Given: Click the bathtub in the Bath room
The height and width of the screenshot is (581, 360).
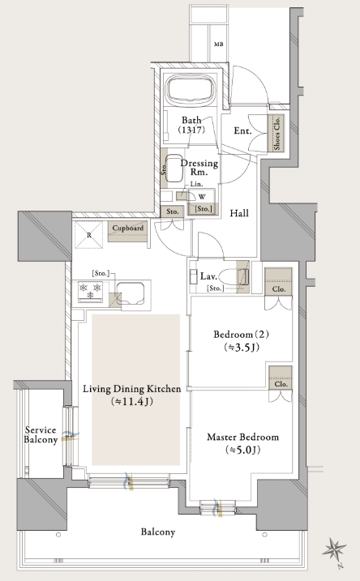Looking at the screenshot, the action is pos(191,90).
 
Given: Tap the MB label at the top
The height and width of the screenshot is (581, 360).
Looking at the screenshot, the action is pos(219,45).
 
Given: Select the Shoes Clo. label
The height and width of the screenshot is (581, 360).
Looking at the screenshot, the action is pos(277,134).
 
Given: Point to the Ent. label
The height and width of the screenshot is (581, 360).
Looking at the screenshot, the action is pos(243,130).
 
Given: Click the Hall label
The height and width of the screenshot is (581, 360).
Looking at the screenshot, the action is pos(239,213).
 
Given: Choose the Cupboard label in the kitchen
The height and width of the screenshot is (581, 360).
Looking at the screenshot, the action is pos(128,229).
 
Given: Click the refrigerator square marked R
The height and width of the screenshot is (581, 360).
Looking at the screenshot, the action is pos(89,235).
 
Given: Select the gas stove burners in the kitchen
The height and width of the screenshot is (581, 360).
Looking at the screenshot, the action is pos(90,290).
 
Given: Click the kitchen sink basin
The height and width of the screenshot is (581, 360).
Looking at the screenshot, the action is pos(130,293).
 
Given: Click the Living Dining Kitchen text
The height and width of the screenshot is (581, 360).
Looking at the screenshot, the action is pos(132,389).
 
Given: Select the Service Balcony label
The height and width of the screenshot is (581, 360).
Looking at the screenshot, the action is pos(41,435).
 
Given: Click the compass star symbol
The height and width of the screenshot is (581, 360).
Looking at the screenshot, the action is pos(334,549).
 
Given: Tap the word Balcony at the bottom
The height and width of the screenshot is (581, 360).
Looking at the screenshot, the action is pos(158,532).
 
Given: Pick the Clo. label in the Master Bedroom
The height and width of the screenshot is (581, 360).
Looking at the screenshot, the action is pos(281,384).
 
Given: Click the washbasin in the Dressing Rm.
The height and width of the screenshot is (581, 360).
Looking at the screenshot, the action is pos(174,169).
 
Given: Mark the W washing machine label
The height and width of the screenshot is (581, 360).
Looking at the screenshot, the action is pos(202,197).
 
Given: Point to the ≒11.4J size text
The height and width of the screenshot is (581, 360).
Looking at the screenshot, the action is pos(132,402).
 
